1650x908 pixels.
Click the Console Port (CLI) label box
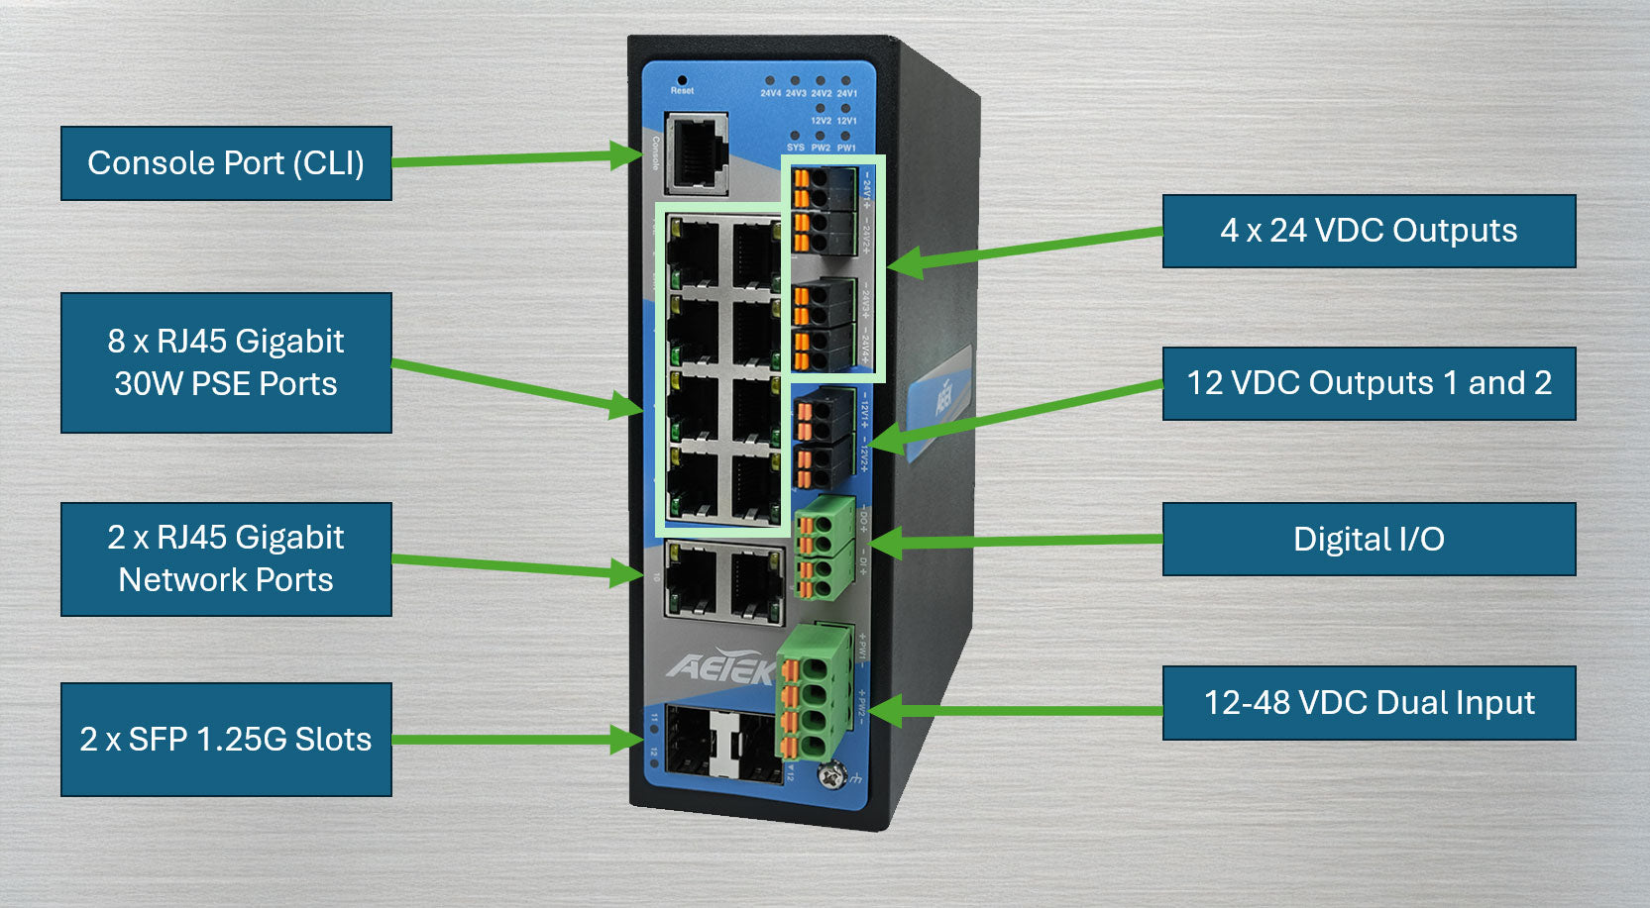pyautogui.click(x=226, y=163)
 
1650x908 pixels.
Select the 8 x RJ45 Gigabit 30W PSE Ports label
pyautogui.click(x=226, y=362)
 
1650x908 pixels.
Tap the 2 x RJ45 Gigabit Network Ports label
pyautogui.click(x=226, y=559)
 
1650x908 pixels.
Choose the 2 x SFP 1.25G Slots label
pyautogui.click(x=226, y=740)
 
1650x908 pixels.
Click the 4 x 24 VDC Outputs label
pyautogui.click(x=1369, y=231)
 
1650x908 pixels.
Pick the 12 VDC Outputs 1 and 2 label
pyautogui.click(x=1369, y=383)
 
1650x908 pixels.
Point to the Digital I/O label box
pyautogui.click(x=1369, y=540)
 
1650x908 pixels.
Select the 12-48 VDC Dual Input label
pyautogui.click(x=1369, y=703)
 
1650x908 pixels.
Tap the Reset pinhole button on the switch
pyautogui.click(x=682, y=79)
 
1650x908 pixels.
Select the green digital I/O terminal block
pyautogui.click(x=824, y=547)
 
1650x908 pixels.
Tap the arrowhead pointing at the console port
pyautogui.click(x=626, y=155)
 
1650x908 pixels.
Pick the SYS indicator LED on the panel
pyautogui.click(x=795, y=136)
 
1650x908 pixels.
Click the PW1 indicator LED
pyautogui.click(x=845, y=136)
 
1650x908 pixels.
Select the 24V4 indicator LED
pyautogui.click(x=770, y=81)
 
